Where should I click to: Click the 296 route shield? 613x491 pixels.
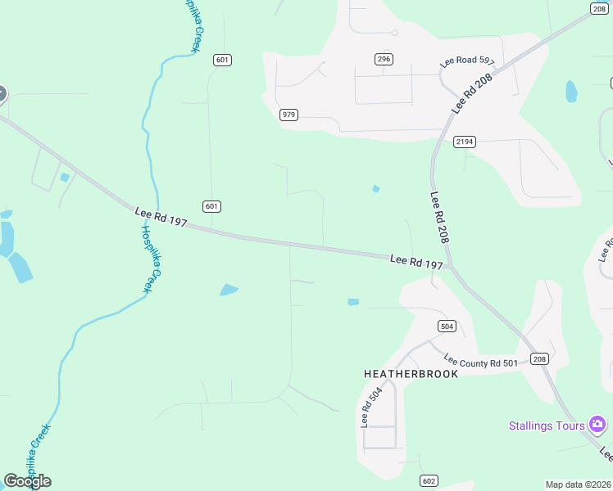click(x=384, y=59)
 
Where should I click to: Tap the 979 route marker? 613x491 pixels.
click(x=288, y=115)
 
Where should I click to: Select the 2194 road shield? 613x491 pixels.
click(x=465, y=142)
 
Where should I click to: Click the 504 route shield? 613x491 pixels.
click(x=447, y=326)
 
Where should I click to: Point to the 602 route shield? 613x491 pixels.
click(x=429, y=480)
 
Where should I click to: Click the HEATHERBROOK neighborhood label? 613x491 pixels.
click(x=411, y=373)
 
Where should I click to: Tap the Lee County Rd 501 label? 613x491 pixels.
click(x=481, y=361)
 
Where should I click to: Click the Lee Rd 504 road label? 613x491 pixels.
click(x=372, y=407)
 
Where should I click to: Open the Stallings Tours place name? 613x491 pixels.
click(x=547, y=426)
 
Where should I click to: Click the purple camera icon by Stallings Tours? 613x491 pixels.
click(x=597, y=424)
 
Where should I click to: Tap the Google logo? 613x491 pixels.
click(x=27, y=481)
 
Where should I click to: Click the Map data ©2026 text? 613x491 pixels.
click(x=579, y=484)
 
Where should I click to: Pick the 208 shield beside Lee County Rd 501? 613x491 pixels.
click(x=538, y=358)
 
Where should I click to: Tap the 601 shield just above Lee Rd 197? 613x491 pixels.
click(x=212, y=206)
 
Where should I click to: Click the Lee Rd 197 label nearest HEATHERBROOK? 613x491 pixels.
click(x=416, y=262)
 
